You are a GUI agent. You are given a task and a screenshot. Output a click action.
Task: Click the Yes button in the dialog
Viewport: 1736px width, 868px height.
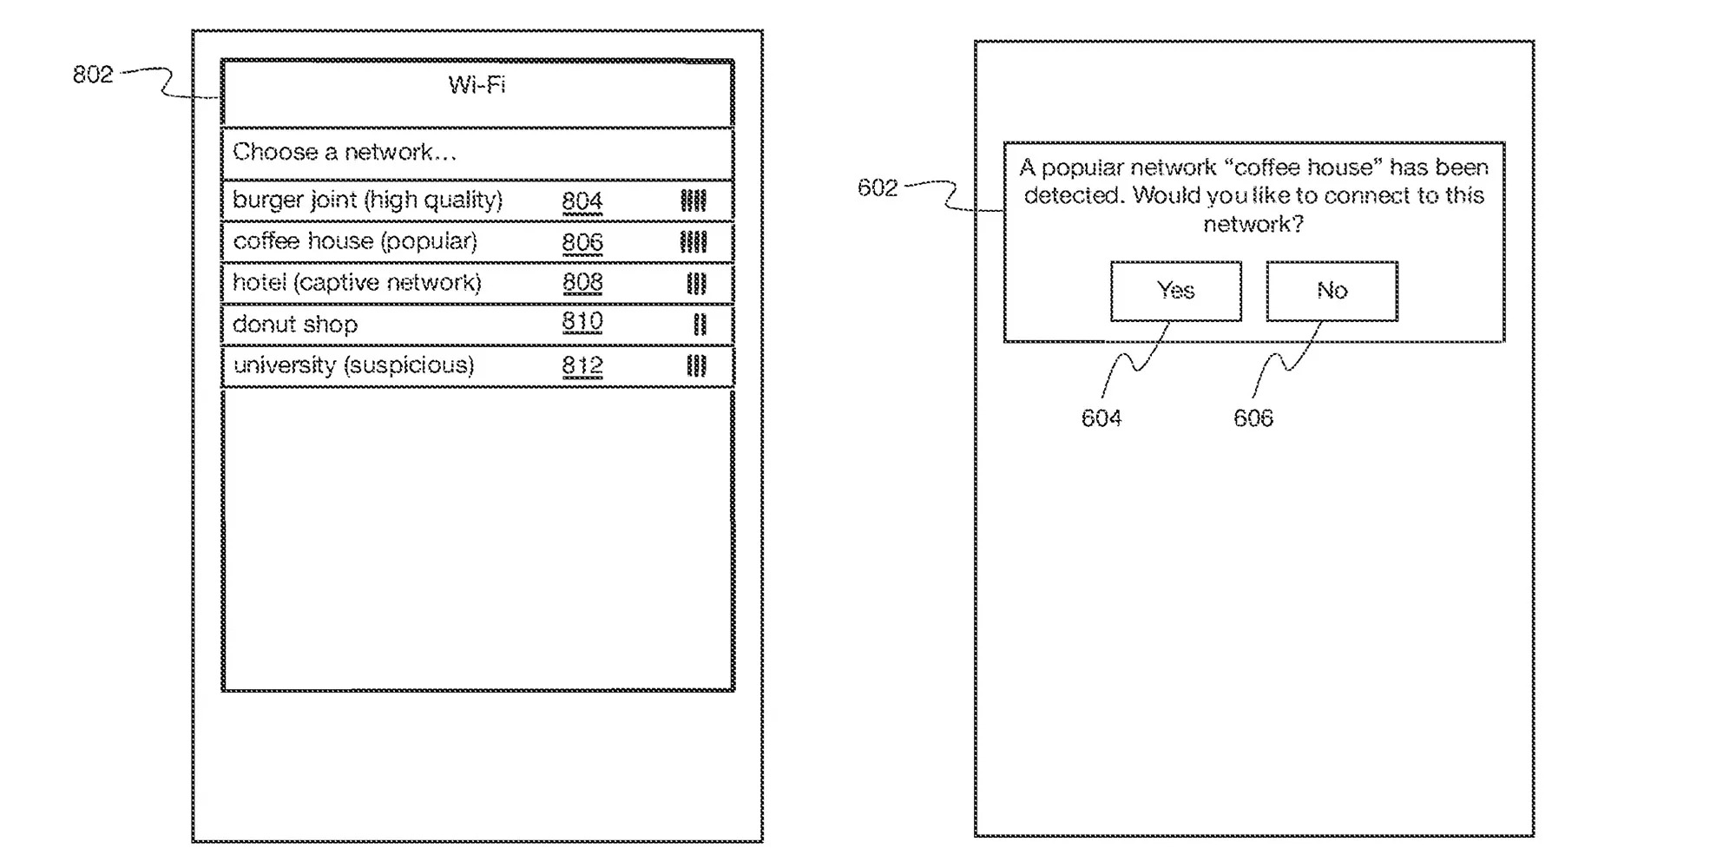click(1176, 291)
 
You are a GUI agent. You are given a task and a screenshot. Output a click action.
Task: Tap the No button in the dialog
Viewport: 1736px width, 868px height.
click(1332, 291)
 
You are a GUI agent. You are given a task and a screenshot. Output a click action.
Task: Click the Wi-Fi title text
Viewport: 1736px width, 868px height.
click(477, 85)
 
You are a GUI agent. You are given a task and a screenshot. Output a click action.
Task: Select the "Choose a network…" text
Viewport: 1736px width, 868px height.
click(345, 152)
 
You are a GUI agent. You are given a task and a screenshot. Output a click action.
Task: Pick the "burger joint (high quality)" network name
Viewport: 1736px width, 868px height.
click(368, 201)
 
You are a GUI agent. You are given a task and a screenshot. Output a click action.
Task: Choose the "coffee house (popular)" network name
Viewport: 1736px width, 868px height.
click(355, 241)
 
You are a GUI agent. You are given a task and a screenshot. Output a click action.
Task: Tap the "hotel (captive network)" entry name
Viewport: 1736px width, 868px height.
click(357, 283)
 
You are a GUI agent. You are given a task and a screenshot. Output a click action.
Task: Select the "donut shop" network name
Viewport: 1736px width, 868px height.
click(295, 325)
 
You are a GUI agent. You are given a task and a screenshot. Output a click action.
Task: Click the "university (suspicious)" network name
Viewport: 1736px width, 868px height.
click(353, 365)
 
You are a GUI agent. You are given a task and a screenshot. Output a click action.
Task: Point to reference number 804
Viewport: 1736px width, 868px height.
click(582, 201)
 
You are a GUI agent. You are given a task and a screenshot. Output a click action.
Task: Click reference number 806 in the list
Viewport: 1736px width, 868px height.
click(582, 242)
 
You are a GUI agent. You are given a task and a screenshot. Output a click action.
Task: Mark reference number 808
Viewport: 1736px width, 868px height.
click(582, 283)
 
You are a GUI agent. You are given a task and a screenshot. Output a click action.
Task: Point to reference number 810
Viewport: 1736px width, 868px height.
click(582, 323)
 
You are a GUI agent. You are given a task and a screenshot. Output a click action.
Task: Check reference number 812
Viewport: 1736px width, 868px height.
click(582, 365)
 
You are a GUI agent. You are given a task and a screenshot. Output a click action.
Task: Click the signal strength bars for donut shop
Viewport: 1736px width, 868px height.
click(700, 325)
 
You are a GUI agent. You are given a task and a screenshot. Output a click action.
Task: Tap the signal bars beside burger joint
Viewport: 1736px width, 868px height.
click(694, 201)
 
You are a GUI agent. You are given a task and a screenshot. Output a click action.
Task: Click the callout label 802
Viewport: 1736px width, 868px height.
click(93, 75)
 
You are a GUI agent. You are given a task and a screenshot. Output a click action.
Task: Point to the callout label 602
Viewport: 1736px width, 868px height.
click(878, 187)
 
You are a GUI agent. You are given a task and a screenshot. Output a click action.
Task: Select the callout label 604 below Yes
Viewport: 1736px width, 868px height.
click(1101, 418)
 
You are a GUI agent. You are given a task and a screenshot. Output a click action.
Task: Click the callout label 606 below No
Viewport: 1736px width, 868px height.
click(1253, 418)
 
